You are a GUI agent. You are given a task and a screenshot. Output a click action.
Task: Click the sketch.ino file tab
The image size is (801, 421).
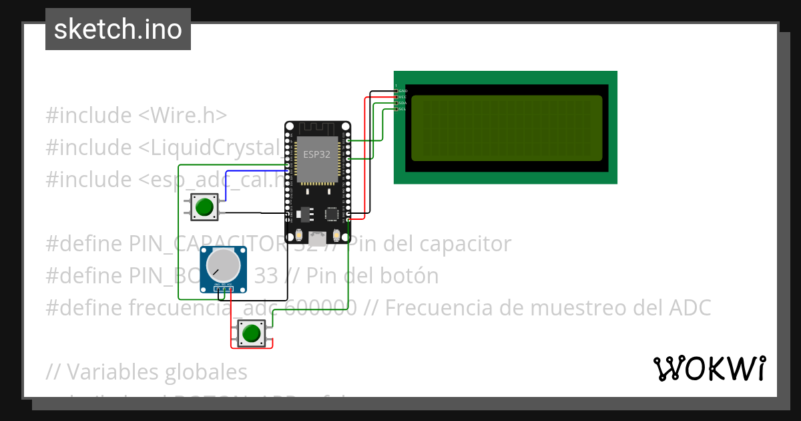click(x=118, y=29)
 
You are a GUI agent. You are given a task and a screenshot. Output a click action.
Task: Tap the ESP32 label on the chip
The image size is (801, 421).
click(x=316, y=154)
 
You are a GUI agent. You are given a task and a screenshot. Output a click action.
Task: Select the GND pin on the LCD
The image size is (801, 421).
click(x=403, y=91)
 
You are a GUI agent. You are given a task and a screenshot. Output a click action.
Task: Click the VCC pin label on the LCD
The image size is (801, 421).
click(x=403, y=97)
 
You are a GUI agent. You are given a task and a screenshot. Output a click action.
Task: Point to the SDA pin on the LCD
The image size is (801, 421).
click(x=403, y=103)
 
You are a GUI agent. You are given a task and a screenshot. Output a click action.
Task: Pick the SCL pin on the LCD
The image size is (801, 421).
click(x=403, y=109)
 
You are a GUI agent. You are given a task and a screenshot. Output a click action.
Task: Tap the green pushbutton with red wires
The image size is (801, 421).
click(x=251, y=333)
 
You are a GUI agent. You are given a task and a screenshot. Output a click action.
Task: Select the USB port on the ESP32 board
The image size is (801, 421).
click(x=318, y=237)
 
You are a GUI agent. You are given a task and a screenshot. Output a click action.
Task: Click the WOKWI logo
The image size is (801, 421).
click(x=709, y=368)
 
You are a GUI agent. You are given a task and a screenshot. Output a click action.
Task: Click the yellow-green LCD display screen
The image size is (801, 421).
click(x=507, y=128)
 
